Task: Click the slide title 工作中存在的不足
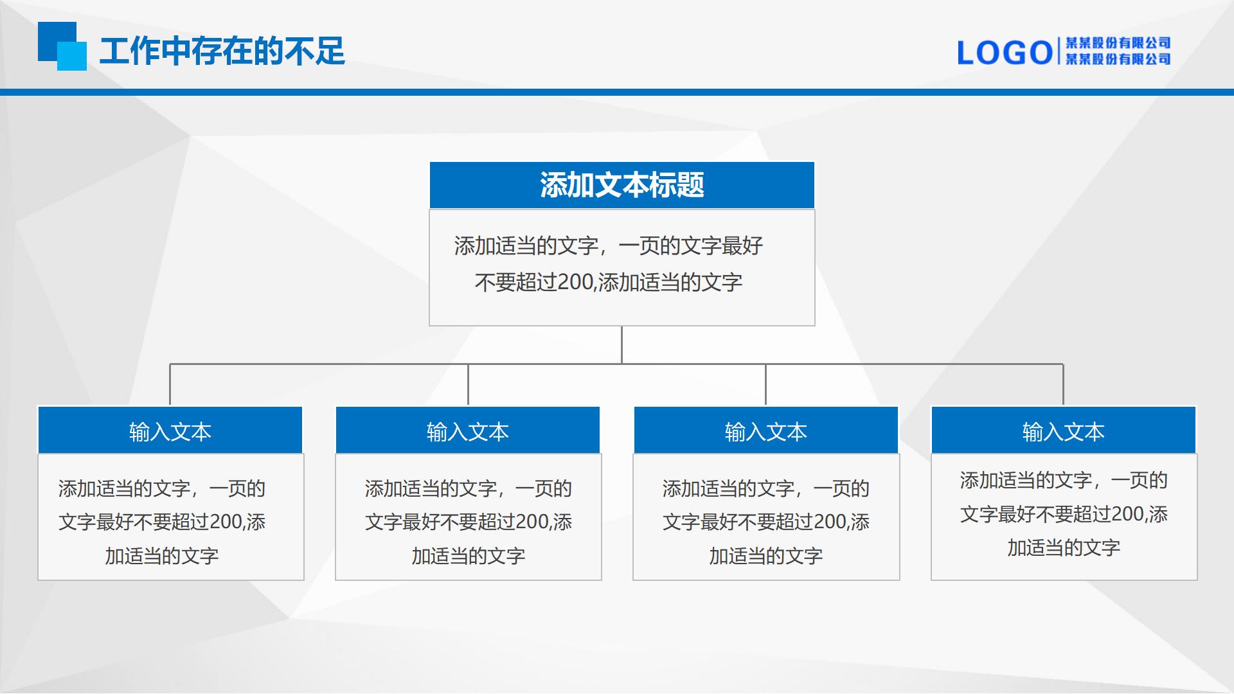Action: [222, 51]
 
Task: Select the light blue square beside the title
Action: [72, 56]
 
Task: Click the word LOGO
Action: [1005, 53]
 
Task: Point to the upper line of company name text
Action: [1118, 43]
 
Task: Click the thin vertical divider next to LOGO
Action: [1059, 51]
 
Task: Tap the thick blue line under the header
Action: [617, 93]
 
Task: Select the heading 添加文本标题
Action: [622, 185]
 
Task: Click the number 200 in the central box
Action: [575, 282]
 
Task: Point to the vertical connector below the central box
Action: [621, 345]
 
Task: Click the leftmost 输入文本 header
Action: [170, 432]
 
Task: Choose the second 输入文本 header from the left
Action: [468, 432]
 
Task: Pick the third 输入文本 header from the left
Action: [766, 432]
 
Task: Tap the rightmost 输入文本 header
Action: [1064, 432]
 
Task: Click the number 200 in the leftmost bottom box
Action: [226, 522]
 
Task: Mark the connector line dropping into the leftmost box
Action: [170, 384]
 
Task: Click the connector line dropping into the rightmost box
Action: [1063, 384]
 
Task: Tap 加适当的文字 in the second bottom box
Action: [469, 556]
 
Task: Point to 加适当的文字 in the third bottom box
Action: [766, 556]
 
